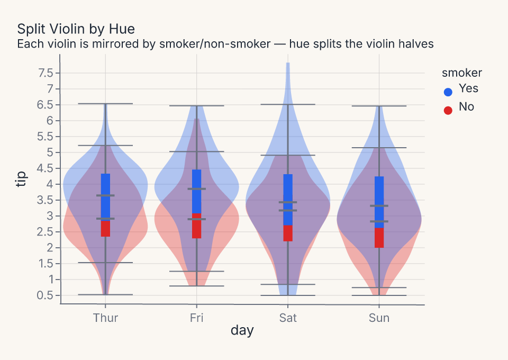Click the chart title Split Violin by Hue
tap(76, 29)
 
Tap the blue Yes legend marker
tap(448, 92)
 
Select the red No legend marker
tap(448, 111)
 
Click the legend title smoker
tap(461, 73)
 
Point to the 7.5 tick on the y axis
tap(46, 73)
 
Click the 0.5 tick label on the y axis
tap(46, 295)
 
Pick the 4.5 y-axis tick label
tap(46, 168)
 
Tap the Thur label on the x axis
tap(105, 318)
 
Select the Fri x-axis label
tap(197, 318)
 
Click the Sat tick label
tap(288, 318)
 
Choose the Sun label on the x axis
tap(379, 318)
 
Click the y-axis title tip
tap(21, 179)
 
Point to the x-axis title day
tap(242, 330)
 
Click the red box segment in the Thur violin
tap(106, 229)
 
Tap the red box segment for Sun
tap(379, 238)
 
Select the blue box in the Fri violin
tap(197, 192)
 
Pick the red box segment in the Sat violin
tap(288, 233)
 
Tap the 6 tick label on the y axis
tap(49, 121)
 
